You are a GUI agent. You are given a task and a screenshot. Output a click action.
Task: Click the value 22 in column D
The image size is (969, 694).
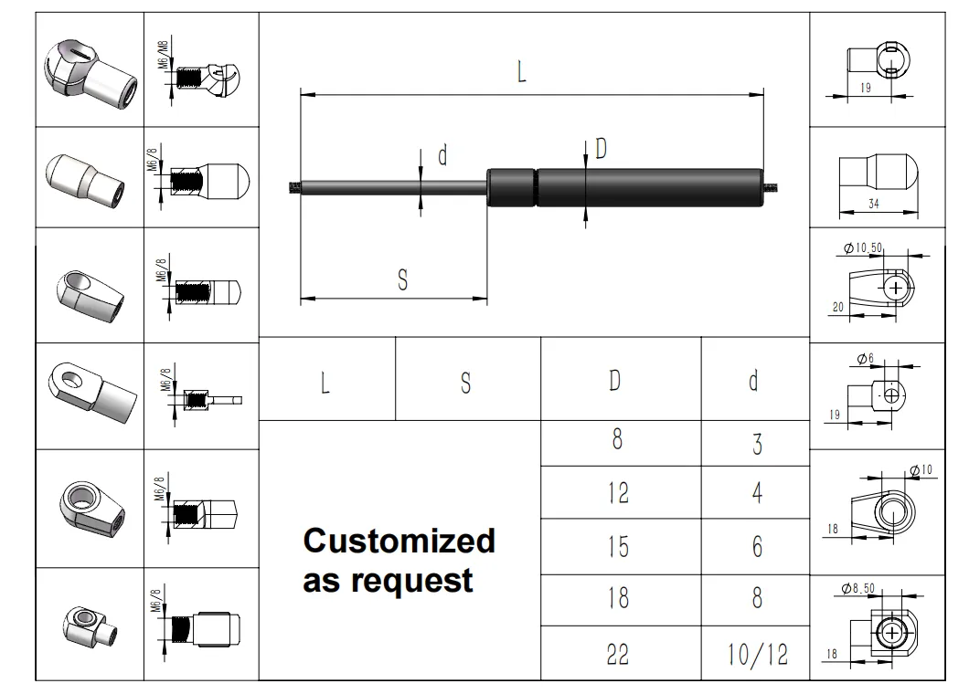click(x=617, y=654)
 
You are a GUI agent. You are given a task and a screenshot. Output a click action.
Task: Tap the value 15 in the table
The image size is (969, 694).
click(x=618, y=546)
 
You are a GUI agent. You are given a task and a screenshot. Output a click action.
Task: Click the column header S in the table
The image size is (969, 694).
click(x=466, y=383)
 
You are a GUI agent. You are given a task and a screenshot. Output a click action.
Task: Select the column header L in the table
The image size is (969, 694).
click(x=325, y=383)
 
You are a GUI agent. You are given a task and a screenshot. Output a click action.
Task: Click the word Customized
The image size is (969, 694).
click(x=399, y=541)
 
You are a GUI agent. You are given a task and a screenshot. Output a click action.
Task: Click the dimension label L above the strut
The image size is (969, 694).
click(x=522, y=71)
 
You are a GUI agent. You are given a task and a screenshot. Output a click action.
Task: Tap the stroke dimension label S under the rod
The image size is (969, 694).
click(x=403, y=280)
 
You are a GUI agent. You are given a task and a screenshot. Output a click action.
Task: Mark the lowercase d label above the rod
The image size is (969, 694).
click(x=442, y=155)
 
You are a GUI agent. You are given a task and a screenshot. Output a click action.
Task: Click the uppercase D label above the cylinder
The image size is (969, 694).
click(x=601, y=148)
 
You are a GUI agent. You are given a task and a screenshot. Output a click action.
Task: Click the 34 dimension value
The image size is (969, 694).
click(x=874, y=203)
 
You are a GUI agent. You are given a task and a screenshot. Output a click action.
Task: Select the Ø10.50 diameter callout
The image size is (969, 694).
click(x=863, y=248)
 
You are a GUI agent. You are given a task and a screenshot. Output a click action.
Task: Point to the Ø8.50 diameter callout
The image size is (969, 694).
click(x=858, y=588)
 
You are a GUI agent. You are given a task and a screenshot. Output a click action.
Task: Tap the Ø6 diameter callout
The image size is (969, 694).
click(x=866, y=358)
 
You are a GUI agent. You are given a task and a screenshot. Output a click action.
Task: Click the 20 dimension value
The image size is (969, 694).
click(x=838, y=307)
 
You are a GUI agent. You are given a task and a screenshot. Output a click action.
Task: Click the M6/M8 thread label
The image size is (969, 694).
click(x=163, y=55)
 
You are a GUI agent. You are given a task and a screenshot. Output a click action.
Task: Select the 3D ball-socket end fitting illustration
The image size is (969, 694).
click(x=91, y=75)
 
